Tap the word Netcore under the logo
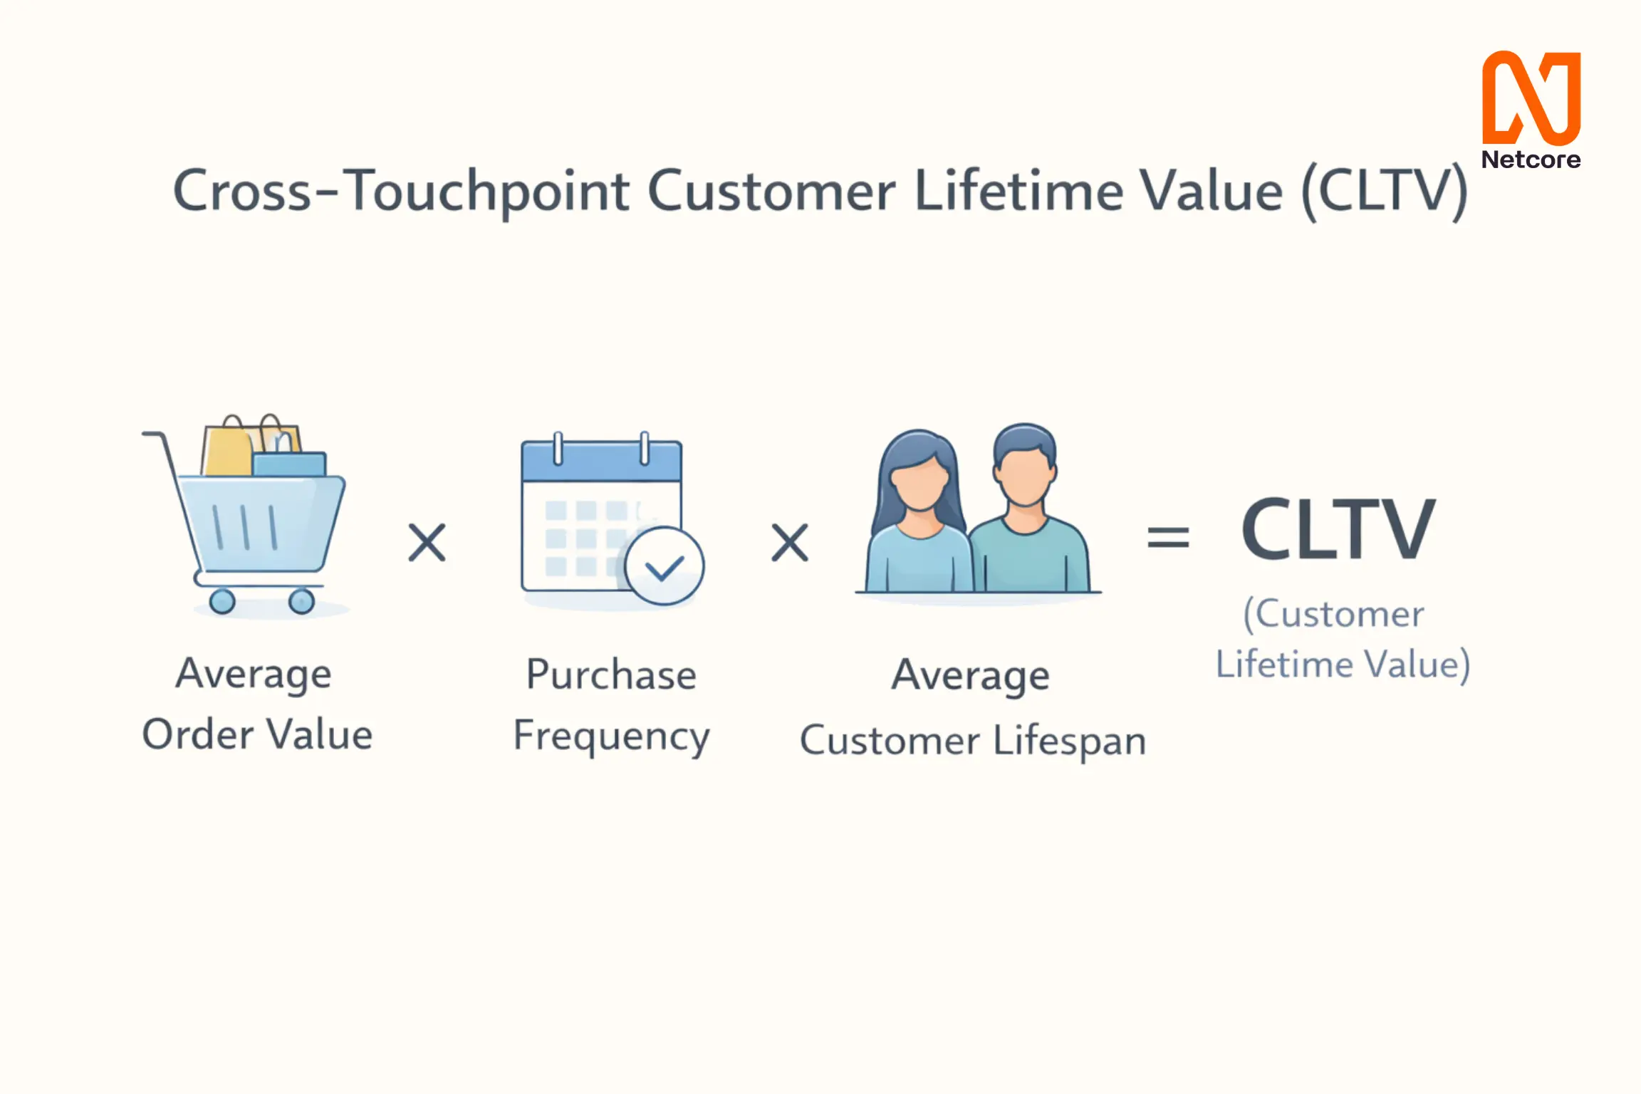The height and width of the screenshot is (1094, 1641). (x=1531, y=160)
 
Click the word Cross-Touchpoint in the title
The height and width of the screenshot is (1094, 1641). (x=402, y=192)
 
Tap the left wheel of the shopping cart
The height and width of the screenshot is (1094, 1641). (x=222, y=601)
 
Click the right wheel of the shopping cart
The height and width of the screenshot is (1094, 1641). (x=301, y=601)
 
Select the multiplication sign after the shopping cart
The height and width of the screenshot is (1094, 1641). (x=427, y=543)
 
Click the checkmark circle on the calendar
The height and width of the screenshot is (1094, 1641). (x=665, y=566)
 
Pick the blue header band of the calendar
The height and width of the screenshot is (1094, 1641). (x=602, y=461)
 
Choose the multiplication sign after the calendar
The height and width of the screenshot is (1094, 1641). (x=790, y=543)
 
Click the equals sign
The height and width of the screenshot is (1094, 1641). (x=1168, y=537)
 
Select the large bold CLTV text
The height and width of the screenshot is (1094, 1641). (x=1338, y=528)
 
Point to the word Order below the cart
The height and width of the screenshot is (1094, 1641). (x=198, y=734)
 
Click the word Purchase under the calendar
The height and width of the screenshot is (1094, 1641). (x=611, y=674)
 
